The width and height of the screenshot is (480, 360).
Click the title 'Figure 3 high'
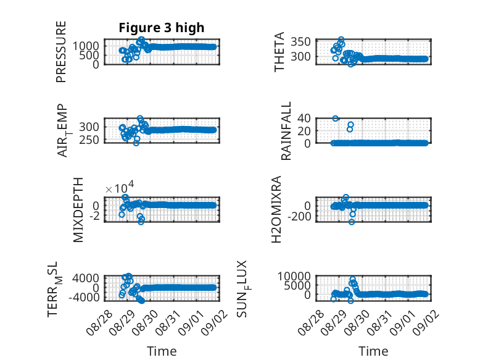pos(161,28)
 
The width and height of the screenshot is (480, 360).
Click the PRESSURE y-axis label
pos(61,52)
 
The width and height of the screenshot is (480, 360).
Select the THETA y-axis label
pos(279,52)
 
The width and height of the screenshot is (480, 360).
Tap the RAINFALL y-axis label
pos(286,131)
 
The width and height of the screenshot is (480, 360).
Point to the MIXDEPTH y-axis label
pos(78,210)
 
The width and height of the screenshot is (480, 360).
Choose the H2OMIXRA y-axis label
pos(276,209)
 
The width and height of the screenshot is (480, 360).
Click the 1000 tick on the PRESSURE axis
pos(86,46)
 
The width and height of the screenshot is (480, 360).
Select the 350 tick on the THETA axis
pos(300,41)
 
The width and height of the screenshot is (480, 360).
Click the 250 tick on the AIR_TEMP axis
pos(89,140)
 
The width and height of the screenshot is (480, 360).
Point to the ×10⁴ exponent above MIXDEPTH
pos(120,187)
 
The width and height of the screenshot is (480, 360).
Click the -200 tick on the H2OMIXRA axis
pos(299,217)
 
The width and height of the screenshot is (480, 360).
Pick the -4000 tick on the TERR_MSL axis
pos(84,297)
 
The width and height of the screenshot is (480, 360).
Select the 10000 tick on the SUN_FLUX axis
pos(294,277)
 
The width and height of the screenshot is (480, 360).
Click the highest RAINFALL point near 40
pos(336,119)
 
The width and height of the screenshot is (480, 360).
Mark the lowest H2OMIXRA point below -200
pos(352,222)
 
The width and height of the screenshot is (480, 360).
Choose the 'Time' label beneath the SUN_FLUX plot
pos(373,351)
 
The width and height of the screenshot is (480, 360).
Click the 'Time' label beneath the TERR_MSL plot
pos(162,351)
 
